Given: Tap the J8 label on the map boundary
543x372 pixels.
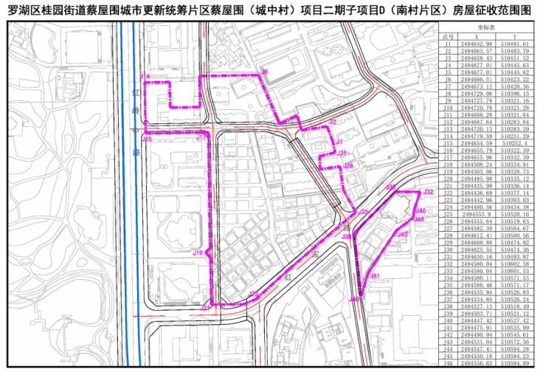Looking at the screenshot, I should click(x=264, y=72).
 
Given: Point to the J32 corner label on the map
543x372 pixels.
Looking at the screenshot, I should click(x=428, y=192).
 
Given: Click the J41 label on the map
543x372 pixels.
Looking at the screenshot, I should click(x=375, y=276).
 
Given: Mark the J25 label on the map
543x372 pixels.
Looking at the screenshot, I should click(x=363, y=213).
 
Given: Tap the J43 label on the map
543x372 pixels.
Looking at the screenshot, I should click(x=402, y=234).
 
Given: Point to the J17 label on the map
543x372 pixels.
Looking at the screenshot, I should click(x=200, y=137).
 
